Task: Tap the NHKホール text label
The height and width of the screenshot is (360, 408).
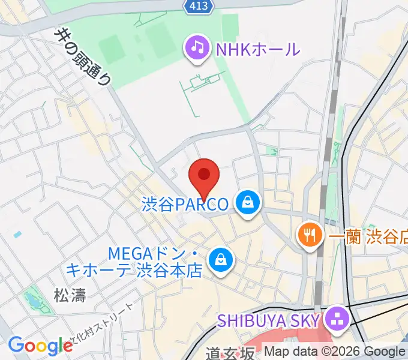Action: (x=257, y=49)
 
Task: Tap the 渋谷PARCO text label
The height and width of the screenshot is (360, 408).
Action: (x=185, y=205)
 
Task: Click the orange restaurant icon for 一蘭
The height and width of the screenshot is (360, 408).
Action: (x=310, y=235)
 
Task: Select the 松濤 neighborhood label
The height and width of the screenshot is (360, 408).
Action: (x=70, y=295)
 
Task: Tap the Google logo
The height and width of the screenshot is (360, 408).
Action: (x=40, y=346)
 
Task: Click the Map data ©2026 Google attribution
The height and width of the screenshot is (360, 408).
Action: (x=335, y=352)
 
